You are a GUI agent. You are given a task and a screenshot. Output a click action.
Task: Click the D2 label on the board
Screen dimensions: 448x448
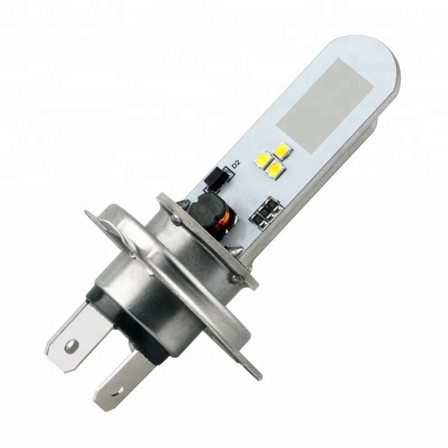pyautogui.click(x=236, y=164)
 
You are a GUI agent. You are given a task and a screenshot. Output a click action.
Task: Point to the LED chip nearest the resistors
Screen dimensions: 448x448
pyautogui.click(x=275, y=167)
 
